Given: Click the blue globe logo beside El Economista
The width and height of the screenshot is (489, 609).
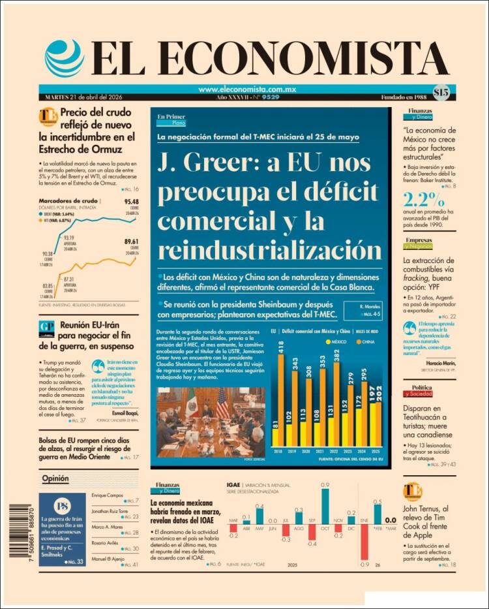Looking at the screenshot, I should click(64, 58).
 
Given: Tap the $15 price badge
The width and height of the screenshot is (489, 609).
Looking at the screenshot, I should click(440, 92).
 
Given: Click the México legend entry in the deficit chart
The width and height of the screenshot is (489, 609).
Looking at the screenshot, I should click(337, 341).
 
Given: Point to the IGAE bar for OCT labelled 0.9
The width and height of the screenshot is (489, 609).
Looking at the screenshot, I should click(325, 506).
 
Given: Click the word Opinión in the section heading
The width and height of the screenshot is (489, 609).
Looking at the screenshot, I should click(55, 478).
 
